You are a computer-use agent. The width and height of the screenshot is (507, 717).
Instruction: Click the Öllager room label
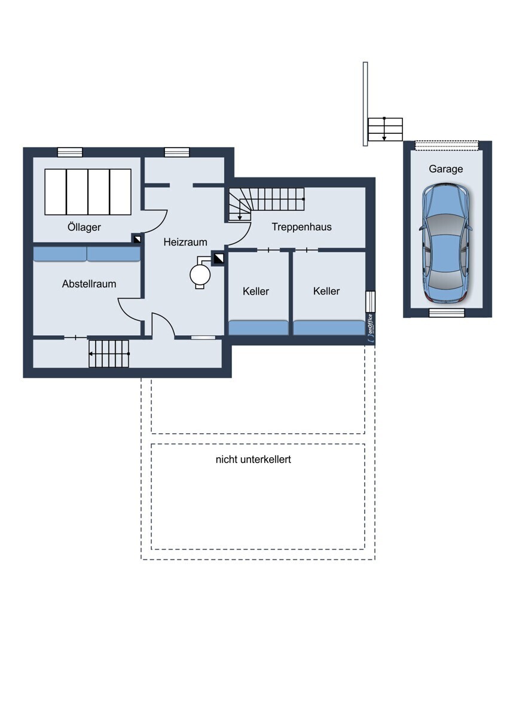click(84, 227)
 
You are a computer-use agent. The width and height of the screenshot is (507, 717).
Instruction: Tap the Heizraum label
click(185, 242)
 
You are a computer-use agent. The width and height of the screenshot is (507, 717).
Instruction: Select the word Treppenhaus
click(301, 227)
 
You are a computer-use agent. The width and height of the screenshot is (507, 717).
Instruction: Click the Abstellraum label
click(89, 284)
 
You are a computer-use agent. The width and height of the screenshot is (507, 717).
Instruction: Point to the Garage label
click(445, 169)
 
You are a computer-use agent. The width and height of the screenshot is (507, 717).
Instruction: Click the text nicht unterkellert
click(253, 459)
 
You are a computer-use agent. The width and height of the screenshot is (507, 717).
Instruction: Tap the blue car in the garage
click(445, 242)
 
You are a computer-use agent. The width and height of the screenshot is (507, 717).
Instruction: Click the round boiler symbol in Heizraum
click(200, 274)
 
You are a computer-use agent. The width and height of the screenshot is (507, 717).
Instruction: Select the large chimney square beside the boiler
click(219, 259)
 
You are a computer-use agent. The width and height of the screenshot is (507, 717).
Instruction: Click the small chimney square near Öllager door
click(137, 239)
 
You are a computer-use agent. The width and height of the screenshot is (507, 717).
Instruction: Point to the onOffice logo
click(370, 330)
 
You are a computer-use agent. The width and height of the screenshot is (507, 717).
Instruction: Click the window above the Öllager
click(70, 152)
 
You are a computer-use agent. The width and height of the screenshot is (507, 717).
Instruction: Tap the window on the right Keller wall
click(370, 302)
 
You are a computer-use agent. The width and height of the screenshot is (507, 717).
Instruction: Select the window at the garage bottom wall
click(447, 312)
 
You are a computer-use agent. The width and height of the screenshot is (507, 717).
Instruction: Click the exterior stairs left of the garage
click(385, 129)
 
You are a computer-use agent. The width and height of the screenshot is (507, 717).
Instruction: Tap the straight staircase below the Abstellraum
click(109, 354)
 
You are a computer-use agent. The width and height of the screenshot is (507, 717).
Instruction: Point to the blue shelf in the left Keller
click(258, 327)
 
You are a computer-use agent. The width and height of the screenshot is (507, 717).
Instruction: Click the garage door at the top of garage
click(447, 145)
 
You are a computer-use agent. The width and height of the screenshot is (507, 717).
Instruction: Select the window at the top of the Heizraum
click(177, 152)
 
